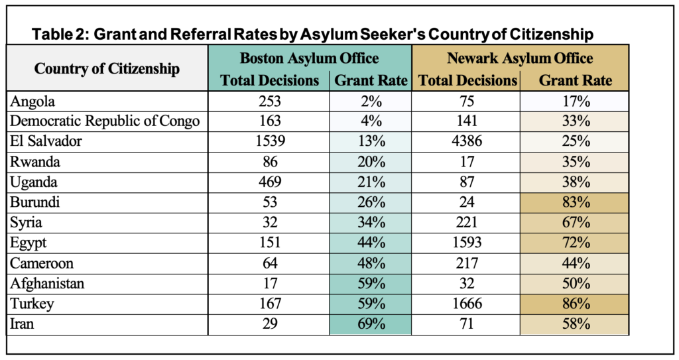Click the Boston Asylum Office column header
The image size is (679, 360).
click(309, 58)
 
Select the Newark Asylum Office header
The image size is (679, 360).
click(520, 58)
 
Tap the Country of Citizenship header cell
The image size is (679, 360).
click(107, 68)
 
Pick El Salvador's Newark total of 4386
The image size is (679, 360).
click(465, 142)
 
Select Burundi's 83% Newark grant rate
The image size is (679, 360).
click(575, 204)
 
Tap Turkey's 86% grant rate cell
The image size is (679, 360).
click(575, 305)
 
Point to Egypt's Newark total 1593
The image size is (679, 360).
click(465, 244)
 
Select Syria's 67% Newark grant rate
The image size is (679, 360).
click(575, 223)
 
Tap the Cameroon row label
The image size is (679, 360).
click(42, 264)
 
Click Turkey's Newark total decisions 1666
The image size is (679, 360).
click(465, 305)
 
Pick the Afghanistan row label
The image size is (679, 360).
click(48, 284)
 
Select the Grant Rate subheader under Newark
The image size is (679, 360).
click(575, 81)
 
